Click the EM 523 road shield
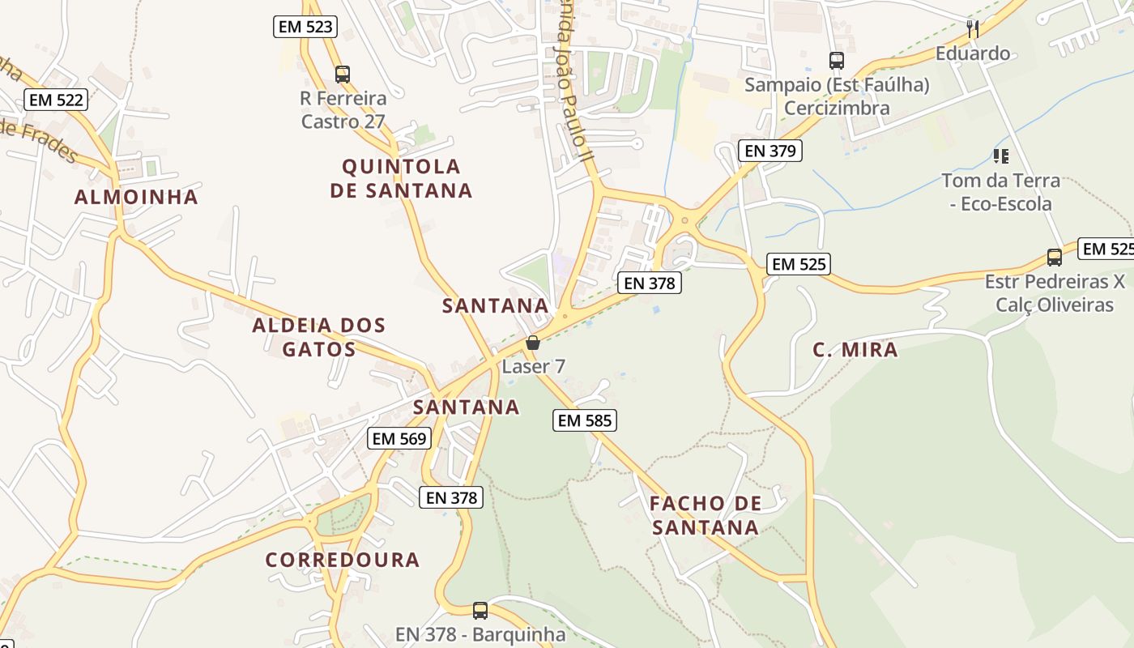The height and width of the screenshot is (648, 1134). [305, 27]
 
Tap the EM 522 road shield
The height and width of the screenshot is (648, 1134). [55, 100]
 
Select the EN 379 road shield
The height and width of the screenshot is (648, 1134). [769, 150]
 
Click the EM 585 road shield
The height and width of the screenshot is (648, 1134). [585, 420]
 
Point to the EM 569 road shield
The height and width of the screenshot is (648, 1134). [399, 438]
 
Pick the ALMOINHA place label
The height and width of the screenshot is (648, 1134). [136, 197]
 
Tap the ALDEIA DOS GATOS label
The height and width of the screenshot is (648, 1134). [318, 337]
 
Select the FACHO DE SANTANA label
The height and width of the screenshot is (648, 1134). [706, 515]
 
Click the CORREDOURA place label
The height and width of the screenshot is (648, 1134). [343, 560]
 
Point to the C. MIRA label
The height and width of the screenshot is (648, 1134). [855, 350]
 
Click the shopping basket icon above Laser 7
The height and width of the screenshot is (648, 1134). [532, 343]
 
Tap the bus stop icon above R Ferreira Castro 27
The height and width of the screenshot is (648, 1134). [343, 75]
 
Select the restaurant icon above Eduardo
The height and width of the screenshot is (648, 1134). [973, 29]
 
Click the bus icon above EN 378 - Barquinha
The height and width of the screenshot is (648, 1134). [480, 610]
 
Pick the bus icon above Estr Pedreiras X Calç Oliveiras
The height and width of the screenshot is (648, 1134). [1054, 258]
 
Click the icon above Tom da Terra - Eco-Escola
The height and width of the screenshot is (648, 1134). [1000, 156]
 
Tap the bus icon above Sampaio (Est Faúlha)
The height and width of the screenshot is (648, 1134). [837, 61]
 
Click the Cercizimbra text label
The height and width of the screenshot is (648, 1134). [837, 108]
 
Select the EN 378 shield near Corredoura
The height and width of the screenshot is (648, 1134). [451, 497]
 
